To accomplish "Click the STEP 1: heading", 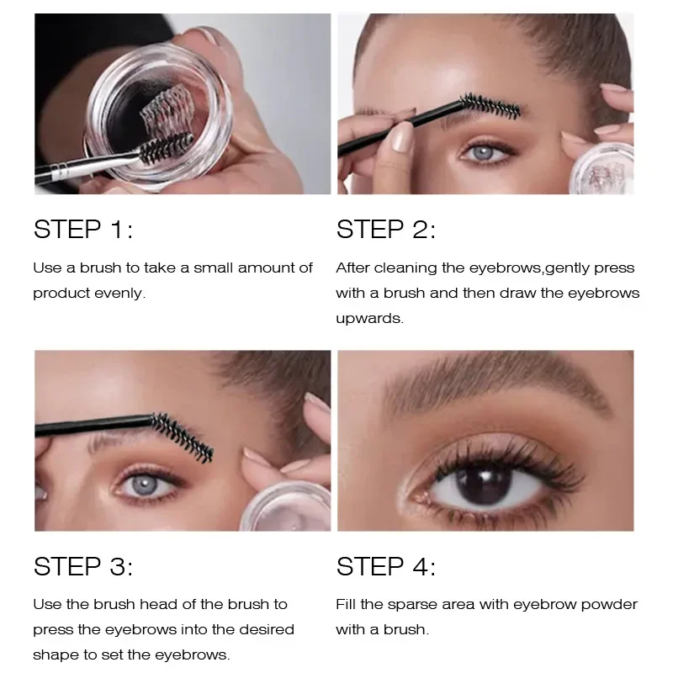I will click(x=83, y=230).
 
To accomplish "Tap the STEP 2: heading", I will click(x=386, y=230).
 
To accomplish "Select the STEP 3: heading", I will click(x=83, y=566).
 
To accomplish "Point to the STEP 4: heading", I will click(x=386, y=566).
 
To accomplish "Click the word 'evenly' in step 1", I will click(x=122, y=293).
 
